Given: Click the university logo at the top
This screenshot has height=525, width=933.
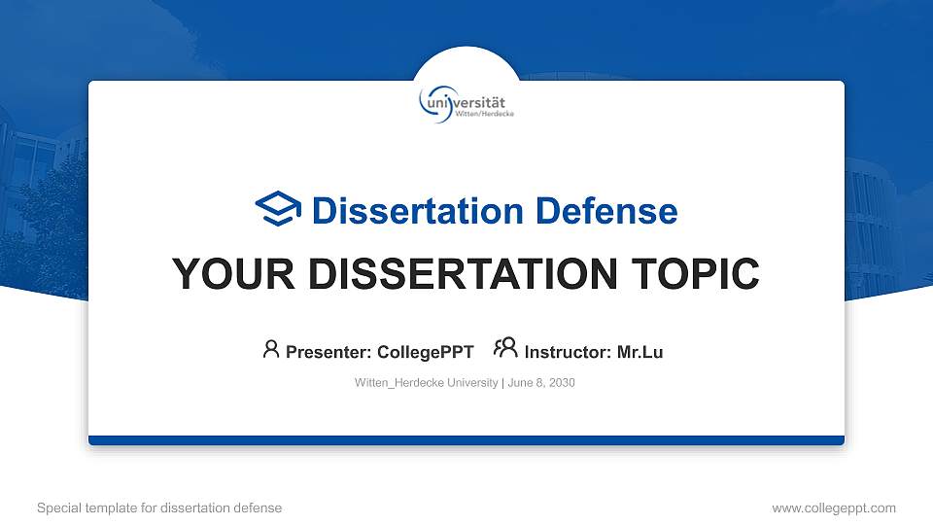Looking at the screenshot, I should [466, 102].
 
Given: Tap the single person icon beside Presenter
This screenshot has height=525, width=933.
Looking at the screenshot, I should [271, 349].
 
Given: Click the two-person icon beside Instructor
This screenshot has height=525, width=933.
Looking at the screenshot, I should [505, 348].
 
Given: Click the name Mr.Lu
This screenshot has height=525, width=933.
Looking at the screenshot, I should [639, 352].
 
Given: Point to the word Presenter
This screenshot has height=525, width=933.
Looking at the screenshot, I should [325, 352].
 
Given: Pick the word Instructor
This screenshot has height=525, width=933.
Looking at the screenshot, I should [567, 352].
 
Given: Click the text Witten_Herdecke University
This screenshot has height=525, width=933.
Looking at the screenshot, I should [426, 383].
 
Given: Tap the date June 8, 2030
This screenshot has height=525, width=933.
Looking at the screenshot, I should [541, 383].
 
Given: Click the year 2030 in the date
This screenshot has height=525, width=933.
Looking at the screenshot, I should [561, 383].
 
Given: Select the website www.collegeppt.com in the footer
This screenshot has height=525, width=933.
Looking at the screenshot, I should [833, 507].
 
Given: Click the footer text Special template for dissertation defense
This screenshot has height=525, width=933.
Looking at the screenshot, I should [158, 507].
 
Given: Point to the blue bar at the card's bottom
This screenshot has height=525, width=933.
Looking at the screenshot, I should [466, 440].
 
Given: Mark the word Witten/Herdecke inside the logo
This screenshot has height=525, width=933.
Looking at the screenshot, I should [485, 114].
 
